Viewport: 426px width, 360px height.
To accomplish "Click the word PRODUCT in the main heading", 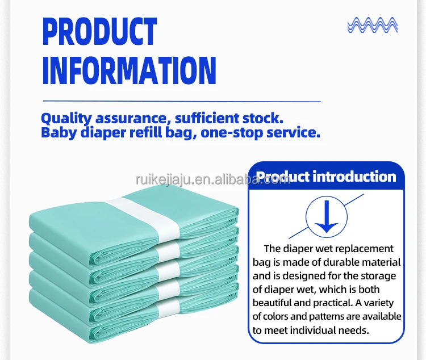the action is [x=100, y=31].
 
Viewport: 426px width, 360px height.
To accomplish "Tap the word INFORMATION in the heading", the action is [x=130, y=71].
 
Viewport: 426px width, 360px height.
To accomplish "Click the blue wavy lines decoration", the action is [x=373, y=25].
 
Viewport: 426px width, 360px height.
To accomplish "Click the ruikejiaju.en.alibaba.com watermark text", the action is [x=213, y=180].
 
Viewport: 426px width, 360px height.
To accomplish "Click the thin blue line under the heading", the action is [x=182, y=102].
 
